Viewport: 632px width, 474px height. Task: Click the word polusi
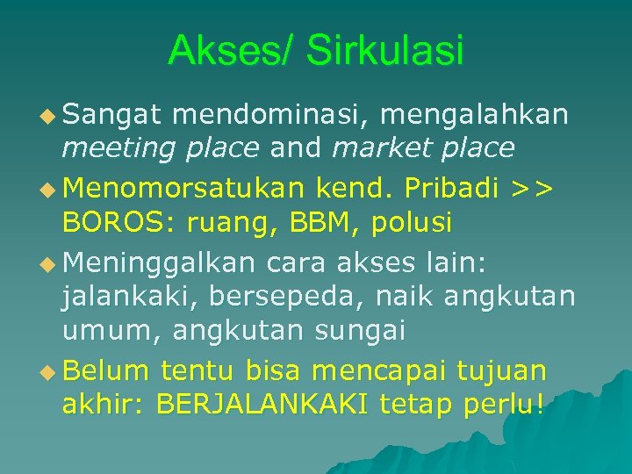pyautogui.click(x=412, y=223)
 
